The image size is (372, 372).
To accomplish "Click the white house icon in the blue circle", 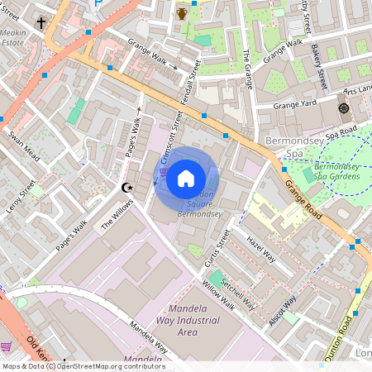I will [186, 178].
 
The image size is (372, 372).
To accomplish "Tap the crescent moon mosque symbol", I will [126, 188].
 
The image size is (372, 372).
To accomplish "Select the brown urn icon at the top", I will [181, 13].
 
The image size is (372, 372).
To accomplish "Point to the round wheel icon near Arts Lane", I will [343, 109].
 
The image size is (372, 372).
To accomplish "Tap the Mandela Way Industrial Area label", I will [188, 323].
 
